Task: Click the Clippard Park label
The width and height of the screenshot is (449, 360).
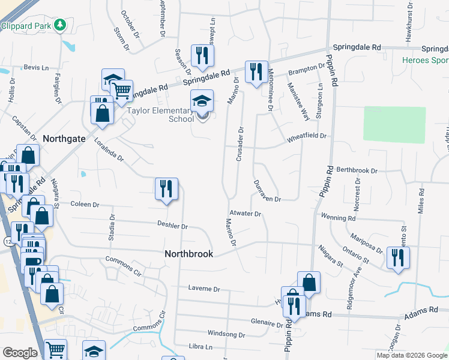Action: click(x=26, y=25)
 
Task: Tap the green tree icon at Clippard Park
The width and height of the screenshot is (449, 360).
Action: click(x=59, y=25)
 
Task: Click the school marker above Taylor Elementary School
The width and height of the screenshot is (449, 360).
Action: click(x=202, y=101)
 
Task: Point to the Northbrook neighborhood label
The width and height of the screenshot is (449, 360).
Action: click(x=188, y=254)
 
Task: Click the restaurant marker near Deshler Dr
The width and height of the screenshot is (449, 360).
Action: click(x=166, y=189)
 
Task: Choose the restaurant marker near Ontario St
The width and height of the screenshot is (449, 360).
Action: click(x=398, y=257)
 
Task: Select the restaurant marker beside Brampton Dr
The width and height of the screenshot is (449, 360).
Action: click(x=256, y=71)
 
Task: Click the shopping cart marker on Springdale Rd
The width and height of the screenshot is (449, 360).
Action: click(x=122, y=90)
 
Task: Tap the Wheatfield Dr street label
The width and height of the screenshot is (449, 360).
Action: click(x=306, y=136)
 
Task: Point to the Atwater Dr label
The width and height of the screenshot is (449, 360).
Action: click(x=245, y=214)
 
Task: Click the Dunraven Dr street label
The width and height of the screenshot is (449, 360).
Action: click(x=267, y=191)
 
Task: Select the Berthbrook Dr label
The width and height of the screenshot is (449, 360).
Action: click(x=356, y=170)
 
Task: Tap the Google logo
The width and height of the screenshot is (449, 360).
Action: click(x=20, y=353)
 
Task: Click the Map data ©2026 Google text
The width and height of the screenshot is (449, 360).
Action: click(x=412, y=355)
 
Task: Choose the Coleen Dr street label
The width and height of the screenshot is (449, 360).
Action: click(x=85, y=205)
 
